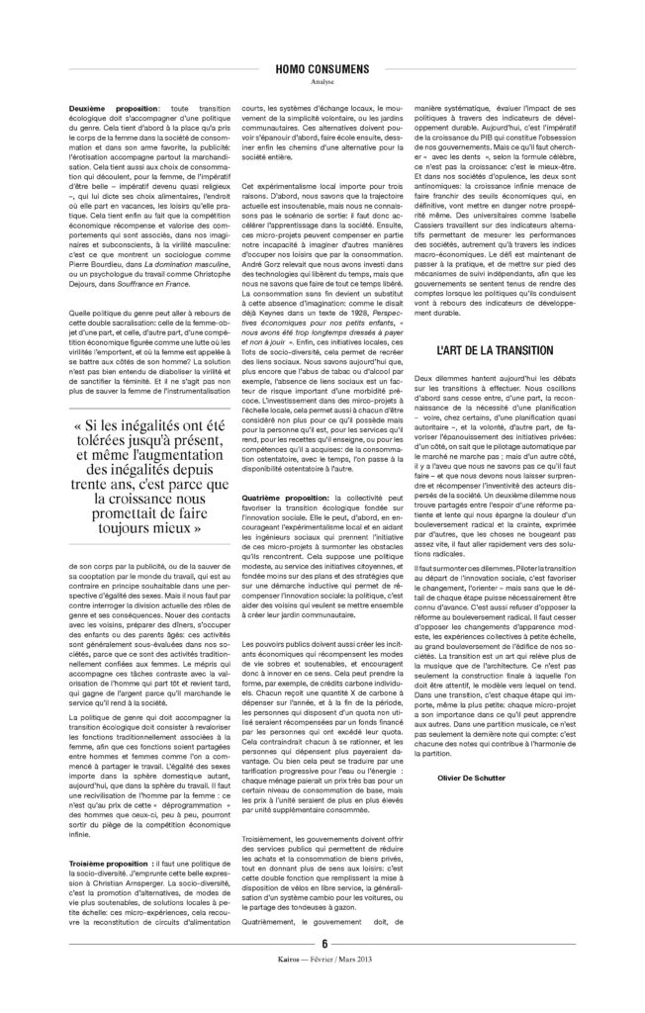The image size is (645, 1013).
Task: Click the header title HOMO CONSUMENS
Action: (x=322, y=69)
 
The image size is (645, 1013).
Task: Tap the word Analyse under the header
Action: (x=322, y=82)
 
